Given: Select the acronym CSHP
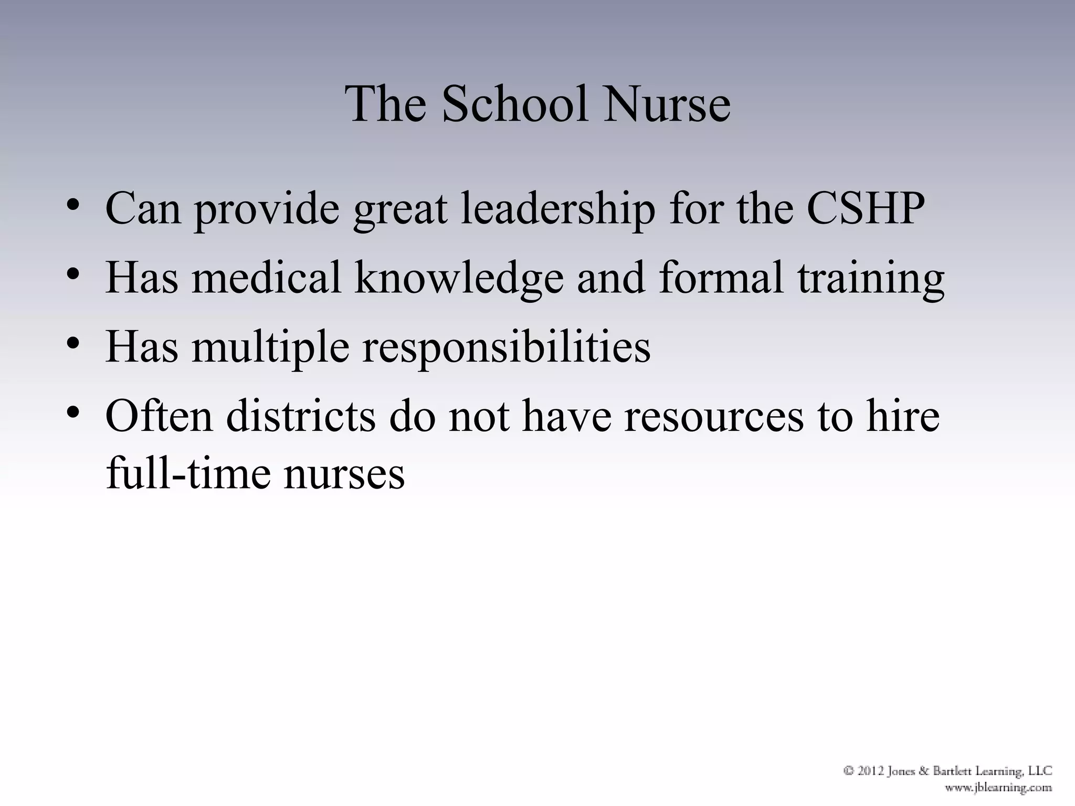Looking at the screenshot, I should point(865,208).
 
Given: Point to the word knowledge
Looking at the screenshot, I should point(459,278).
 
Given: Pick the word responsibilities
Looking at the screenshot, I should point(507,347).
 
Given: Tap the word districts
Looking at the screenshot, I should point(301,416).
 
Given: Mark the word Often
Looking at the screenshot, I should point(159,416).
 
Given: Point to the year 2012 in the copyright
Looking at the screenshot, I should point(873,771).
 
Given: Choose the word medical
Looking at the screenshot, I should point(267,278).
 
